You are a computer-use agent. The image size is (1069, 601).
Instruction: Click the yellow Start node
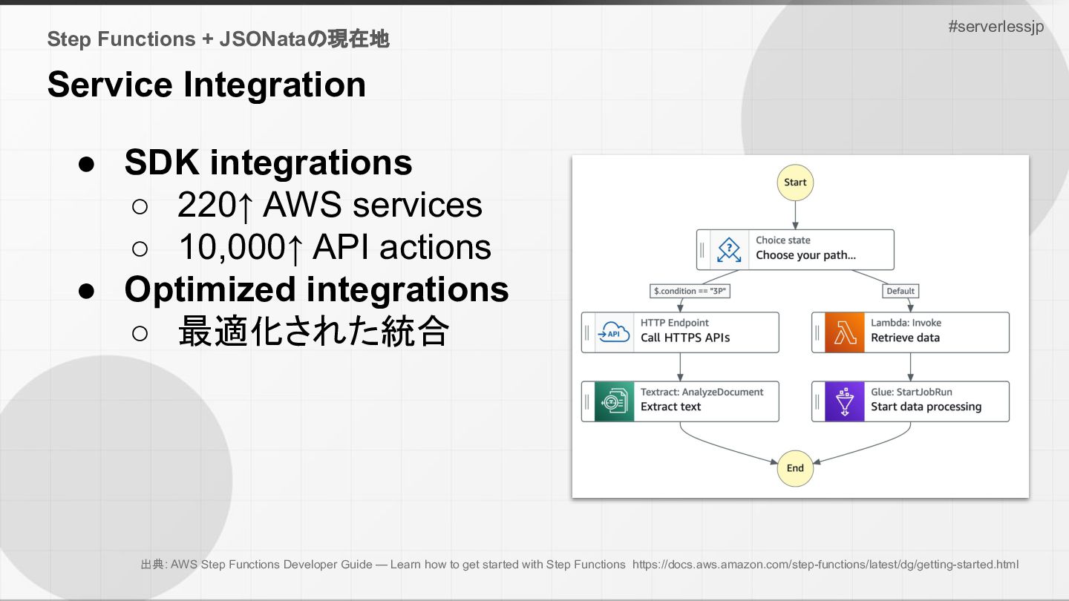point(795,183)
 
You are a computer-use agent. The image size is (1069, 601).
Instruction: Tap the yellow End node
point(795,468)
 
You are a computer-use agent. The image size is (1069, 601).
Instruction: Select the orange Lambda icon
point(844,332)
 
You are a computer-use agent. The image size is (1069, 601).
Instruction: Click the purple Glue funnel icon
point(844,401)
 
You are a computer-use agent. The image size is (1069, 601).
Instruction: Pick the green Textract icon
point(614,401)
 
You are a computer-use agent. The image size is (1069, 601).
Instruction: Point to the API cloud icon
point(614,332)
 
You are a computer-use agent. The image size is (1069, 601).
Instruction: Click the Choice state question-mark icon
point(729,249)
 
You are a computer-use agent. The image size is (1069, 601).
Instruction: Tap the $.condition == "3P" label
point(690,291)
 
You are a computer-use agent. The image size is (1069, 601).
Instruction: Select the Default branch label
point(900,291)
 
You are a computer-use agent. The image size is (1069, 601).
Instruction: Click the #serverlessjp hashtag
point(996,27)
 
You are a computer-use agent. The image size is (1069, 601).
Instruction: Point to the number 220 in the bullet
point(207,205)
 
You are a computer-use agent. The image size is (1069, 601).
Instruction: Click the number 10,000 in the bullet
point(232,247)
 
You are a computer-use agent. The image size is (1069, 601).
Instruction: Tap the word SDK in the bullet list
point(162,162)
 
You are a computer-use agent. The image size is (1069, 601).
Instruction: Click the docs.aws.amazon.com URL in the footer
point(826,564)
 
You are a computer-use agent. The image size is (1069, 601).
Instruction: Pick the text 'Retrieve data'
point(905,338)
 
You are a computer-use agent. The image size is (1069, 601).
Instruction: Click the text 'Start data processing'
point(926,407)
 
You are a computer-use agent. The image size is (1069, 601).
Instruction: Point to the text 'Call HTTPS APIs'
point(684,338)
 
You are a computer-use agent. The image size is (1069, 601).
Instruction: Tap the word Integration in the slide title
point(275,85)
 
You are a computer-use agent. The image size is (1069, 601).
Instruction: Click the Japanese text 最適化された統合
point(313,331)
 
